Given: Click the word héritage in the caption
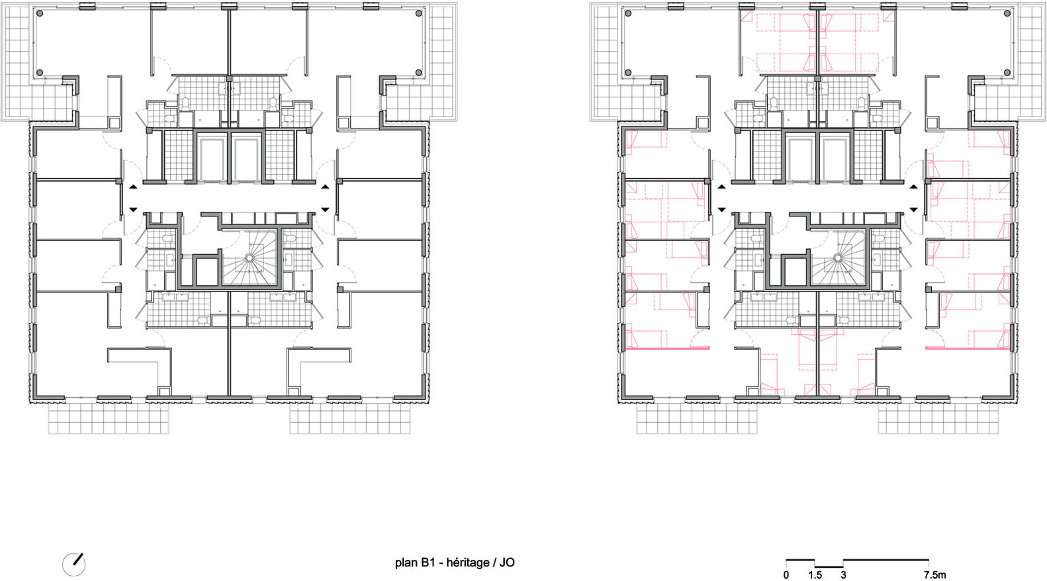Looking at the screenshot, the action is (x=468, y=562).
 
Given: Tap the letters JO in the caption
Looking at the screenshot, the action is (x=507, y=562).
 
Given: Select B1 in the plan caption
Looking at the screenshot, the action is (x=429, y=562).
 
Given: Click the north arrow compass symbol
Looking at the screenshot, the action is (x=74, y=564).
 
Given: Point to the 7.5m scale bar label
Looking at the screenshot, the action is (x=934, y=575).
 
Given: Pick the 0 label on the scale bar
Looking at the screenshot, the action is (x=786, y=575).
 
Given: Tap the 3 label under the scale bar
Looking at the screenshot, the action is (x=843, y=575).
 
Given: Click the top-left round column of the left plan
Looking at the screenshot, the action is (x=40, y=13).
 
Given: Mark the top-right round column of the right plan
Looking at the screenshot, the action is (x=1007, y=13).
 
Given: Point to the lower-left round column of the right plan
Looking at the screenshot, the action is (x=628, y=72).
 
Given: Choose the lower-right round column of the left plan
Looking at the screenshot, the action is (x=419, y=72).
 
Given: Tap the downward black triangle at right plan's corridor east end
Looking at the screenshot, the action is (x=914, y=210).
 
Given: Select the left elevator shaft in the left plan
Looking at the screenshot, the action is (x=212, y=158).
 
